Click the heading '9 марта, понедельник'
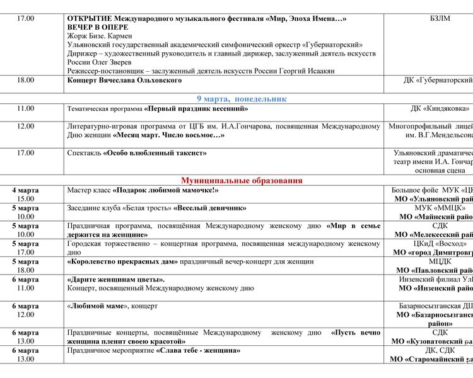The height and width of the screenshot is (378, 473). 242,99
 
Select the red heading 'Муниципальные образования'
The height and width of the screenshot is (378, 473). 242,181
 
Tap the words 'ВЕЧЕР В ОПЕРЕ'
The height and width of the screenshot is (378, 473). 98,28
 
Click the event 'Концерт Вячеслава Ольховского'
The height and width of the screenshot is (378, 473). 124,81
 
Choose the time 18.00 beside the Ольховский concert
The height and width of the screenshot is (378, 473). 26,81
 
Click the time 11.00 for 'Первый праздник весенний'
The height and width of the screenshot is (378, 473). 26,109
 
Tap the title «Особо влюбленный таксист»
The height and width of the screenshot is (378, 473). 155,153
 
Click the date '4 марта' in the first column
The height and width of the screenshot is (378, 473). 25,190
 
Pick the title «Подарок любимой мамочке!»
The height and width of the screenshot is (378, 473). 166,190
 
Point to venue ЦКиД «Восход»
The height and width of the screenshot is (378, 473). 436,244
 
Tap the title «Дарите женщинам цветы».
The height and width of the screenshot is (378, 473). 115,280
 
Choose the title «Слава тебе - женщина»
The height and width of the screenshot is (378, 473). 198,350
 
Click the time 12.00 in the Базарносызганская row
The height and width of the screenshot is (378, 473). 26,315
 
